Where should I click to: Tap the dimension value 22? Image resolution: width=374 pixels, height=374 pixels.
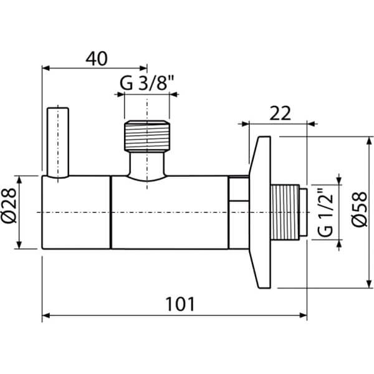point(280,113)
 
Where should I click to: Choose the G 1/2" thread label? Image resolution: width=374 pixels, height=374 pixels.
point(325,213)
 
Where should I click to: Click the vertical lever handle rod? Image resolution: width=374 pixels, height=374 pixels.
point(57,142)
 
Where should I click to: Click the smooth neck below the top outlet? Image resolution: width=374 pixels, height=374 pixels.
point(147,166)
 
